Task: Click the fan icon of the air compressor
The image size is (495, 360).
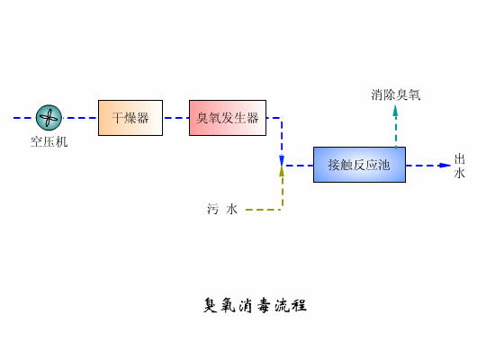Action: (x=49, y=117)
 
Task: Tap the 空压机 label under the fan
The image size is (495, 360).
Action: (x=49, y=141)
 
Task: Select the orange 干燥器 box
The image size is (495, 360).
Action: (x=130, y=117)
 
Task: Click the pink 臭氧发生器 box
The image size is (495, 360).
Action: (x=228, y=117)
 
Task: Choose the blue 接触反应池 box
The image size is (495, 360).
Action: (x=359, y=165)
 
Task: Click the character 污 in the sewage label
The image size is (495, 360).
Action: (x=212, y=210)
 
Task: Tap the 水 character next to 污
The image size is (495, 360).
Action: (x=232, y=210)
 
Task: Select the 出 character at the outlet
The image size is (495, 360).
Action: (x=460, y=158)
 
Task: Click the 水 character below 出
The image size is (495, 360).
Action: (x=460, y=173)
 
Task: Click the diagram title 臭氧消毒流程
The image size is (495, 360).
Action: (x=256, y=304)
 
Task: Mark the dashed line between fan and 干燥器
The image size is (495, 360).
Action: (x=80, y=117)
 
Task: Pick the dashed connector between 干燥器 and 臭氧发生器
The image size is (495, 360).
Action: (x=176, y=117)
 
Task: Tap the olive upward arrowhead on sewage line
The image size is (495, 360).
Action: (x=282, y=171)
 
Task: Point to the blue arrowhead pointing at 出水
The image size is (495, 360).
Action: (x=444, y=166)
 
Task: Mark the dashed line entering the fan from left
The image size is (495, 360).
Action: (x=23, y=117)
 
